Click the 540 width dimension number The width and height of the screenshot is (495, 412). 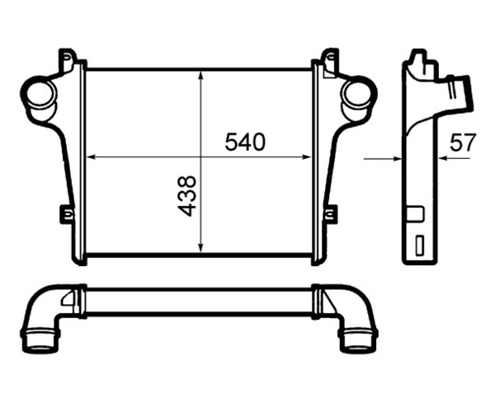[x=245, y=142]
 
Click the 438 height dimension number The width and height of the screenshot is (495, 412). [x=187, y=196]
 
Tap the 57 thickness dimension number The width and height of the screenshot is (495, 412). [x=463, y=143]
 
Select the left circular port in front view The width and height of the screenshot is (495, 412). [x=41, y=94]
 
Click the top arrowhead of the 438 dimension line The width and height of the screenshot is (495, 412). [x=201, y=76]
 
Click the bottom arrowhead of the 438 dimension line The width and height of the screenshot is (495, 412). [x=201, y=247]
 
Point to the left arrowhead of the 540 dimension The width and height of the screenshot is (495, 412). [x=92, y=157]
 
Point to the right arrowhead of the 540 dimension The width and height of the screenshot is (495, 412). [x=307, y=157]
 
